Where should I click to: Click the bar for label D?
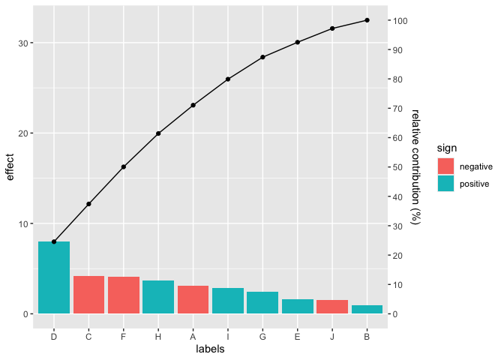tap(54, 277)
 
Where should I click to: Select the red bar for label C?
tap(88, 295)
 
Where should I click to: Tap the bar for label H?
tap(158, 297)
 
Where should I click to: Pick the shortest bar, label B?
tap(367, 309)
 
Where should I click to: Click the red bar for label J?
tap(332, 307)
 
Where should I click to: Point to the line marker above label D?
tap(54, 241)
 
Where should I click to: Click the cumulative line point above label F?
tap(124, 166)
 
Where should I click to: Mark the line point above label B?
tap(367, 20)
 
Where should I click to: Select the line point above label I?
tap(228, 79)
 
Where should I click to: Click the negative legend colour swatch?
tap(446, 166)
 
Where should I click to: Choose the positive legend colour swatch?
tap(446, 183)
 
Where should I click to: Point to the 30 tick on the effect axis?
tap(24, 43)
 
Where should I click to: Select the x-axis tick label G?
tap(262, 335)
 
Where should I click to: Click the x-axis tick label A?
tap(193, 335)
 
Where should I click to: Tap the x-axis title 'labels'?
tap(210, 349)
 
